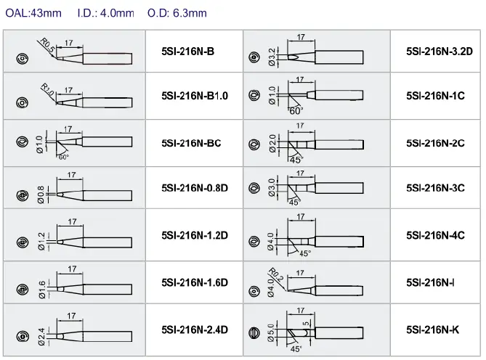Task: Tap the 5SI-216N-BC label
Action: [191, 142]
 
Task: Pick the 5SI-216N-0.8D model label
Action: [195, 187]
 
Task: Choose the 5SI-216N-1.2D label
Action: [195, 234]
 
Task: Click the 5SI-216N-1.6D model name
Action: [195, 282]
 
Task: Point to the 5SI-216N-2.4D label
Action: [195, 328]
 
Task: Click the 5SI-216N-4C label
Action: [435, 234]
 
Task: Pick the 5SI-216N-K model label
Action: [434, 328]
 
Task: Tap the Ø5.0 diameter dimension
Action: [272, 333]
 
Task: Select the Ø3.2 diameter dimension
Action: [272, 54]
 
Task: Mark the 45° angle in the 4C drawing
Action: [305, 253]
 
